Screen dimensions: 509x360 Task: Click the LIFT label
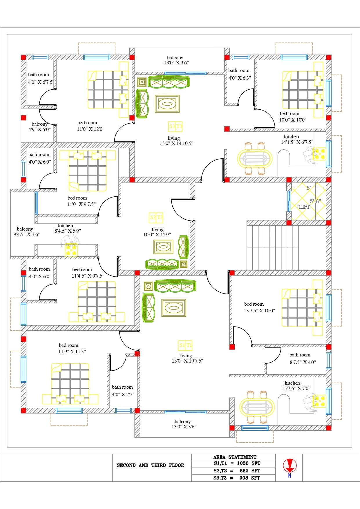304,207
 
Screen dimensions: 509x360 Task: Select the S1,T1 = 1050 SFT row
237,463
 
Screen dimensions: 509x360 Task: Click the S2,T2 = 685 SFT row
237,471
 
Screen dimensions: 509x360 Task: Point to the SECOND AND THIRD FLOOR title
150,465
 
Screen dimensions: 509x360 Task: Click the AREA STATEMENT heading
235,457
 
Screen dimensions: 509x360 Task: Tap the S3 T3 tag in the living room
176,126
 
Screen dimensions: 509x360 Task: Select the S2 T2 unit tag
156,217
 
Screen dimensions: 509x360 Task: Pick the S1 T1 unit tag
185,345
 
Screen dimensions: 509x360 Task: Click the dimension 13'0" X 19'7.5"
187,361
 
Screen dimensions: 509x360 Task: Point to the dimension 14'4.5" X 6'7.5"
297,142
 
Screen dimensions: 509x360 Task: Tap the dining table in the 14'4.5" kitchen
255,159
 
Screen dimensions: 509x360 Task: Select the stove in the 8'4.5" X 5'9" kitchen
71,250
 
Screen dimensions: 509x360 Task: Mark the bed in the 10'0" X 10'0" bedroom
303,90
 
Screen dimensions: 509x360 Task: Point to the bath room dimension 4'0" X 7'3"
123,394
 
